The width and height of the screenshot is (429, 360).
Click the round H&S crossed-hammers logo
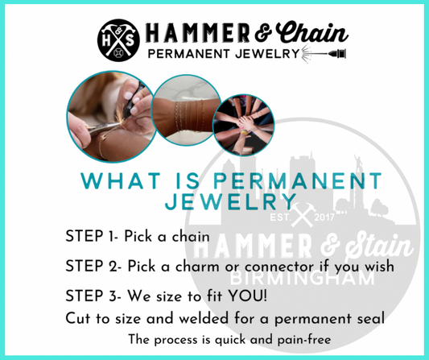click(118, 40)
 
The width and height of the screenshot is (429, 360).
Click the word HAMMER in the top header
click(197, 33)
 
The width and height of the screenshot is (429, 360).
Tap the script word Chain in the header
click(312, 33)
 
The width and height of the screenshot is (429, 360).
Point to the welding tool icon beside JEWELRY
click(324, 54)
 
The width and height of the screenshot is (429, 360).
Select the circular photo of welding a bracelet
click(112, 116)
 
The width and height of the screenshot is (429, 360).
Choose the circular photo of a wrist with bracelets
click(186, 110)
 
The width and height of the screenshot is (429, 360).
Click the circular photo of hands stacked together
click(244, 125)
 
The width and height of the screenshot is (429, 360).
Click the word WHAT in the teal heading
click(121, 180)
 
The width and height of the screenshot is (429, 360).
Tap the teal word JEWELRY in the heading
click(231, 202)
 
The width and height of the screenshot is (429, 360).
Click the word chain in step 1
click(191, 236)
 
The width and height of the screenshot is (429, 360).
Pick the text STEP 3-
click(93, 296)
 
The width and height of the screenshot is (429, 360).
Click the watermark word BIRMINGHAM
click(302, 279)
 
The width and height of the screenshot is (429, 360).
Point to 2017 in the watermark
click(324, 217)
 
